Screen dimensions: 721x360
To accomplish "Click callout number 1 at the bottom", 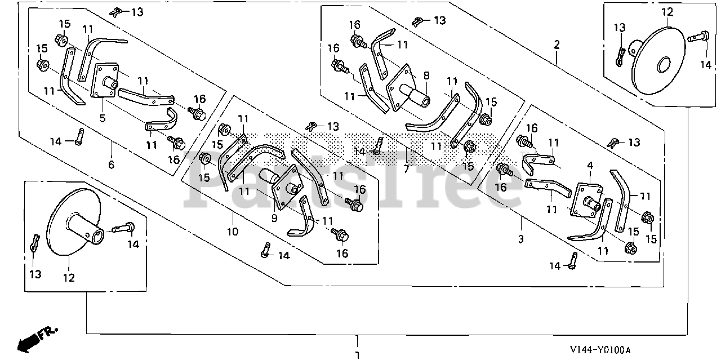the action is pos(357,355).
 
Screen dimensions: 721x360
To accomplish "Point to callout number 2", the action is pos(557,44).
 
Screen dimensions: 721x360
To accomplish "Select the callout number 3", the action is pos(521,239).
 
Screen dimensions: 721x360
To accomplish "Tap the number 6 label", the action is pos(111,165).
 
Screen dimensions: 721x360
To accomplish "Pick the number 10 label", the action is pos(233,231).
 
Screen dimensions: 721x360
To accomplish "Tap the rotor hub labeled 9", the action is pos(282,183).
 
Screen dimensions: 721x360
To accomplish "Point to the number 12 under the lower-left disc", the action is pos(69,277).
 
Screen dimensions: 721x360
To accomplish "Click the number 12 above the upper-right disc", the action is pos(667,12).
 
